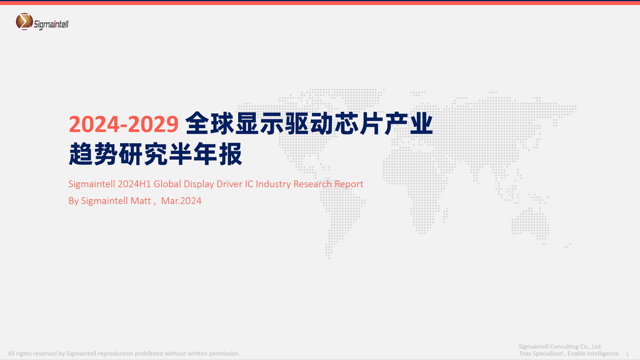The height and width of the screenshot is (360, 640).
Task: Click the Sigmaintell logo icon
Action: tap(24, 22)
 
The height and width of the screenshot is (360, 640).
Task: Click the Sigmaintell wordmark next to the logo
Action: tap(51, 24)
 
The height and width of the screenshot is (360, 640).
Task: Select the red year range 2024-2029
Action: tap(124, 124)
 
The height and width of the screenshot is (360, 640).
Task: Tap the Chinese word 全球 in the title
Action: tap(210, 124)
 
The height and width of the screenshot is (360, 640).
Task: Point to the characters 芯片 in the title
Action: tap(359, 124)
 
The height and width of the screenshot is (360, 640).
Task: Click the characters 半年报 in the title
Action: tap(205, 154)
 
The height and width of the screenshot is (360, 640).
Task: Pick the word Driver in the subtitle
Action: tap(229, 184)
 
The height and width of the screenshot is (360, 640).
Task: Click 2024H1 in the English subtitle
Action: tap(134, 184)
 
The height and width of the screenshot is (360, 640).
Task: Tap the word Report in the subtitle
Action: tap(349, 185)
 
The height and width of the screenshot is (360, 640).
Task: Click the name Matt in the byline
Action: tap(141, 201)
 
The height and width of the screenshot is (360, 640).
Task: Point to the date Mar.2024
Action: tap(181, 201)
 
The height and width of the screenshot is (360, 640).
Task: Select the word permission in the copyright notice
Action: tap(224, 354)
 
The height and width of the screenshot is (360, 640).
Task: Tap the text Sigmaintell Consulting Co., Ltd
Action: tap(559, 346)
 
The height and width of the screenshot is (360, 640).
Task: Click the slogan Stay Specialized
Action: tap(541, 354)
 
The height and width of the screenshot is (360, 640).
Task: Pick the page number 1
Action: tap(627, 354)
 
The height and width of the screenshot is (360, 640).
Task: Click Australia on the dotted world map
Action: tap(530, 222)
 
